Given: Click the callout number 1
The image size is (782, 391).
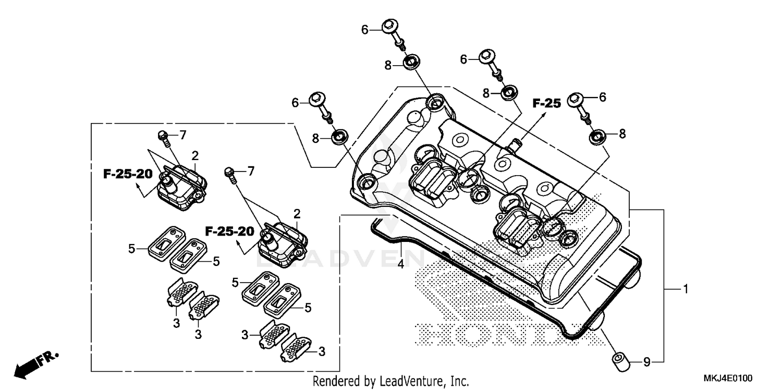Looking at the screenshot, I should coord(686,288).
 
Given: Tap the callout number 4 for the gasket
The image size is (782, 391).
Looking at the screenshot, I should coord(400,264).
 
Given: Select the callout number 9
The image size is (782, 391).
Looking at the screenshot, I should coord(646,361).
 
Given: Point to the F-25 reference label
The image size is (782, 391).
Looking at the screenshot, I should coord(546,103).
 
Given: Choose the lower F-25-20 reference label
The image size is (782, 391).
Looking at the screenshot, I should coord(229,230).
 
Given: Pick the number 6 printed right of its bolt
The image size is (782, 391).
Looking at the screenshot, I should coord(603,97).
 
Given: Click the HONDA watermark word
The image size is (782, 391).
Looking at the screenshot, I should coord(495,334).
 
